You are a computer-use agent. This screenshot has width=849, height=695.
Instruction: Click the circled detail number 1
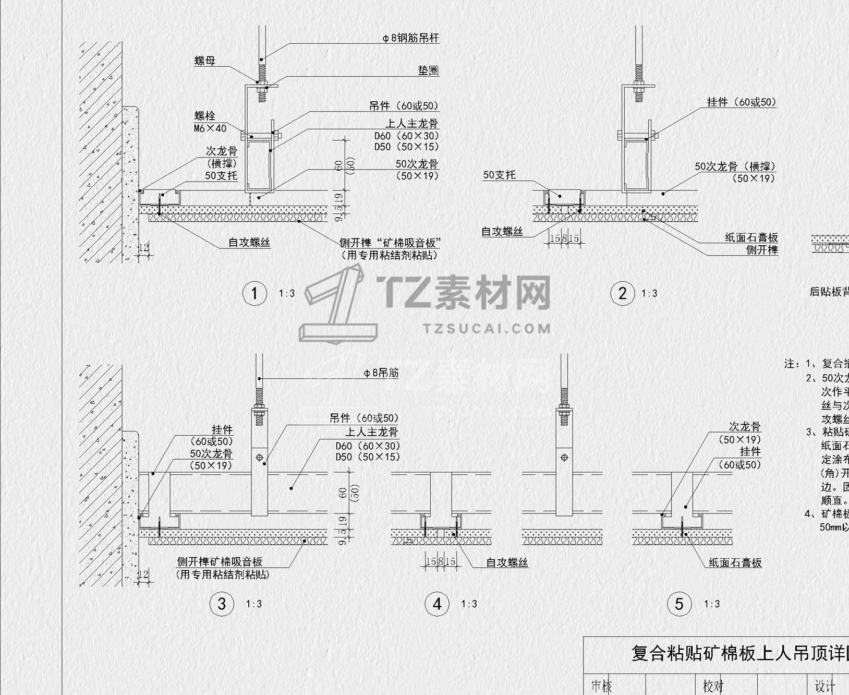254,293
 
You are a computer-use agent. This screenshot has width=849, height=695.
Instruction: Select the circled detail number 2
622,293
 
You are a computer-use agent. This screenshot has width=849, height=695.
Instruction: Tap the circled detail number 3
222,604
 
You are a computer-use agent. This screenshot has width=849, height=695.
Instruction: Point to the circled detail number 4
437,604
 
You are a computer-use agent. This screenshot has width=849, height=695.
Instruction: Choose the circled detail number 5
679,604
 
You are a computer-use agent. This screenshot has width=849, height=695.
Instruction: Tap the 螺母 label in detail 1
204,61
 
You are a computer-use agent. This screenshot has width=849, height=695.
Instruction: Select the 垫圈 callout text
428,70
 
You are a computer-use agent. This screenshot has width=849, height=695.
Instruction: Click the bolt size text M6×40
210,128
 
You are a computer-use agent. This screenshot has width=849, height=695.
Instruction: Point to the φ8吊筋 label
381,373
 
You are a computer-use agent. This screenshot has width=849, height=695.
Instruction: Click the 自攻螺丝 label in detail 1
249,242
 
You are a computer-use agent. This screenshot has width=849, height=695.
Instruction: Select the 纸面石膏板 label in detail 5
735,562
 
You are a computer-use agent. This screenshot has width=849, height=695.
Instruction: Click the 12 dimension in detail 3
142,574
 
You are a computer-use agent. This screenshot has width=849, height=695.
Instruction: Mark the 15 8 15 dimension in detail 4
441,561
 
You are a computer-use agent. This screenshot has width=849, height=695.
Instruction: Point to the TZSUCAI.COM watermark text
487,328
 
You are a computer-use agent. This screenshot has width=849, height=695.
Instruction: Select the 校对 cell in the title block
713,686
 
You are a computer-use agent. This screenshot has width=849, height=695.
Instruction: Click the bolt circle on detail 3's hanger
259,458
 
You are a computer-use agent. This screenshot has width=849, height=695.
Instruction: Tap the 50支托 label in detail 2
499,175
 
